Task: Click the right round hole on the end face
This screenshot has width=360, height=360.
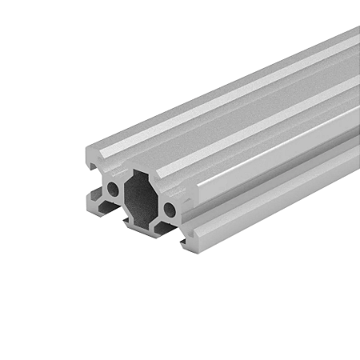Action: [170, 210]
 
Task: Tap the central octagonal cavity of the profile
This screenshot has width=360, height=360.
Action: [142, 199]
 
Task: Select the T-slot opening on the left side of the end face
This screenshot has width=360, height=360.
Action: [90, 180]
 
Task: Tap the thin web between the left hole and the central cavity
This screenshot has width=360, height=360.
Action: [123, 193]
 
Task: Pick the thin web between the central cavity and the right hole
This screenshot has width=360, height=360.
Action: [161, 206]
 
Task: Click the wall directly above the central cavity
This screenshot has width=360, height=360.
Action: [142, 174]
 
